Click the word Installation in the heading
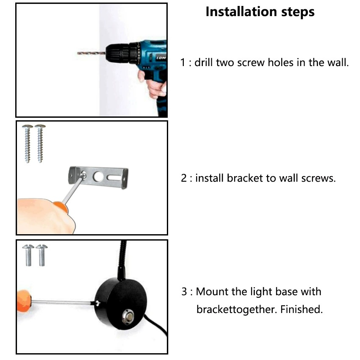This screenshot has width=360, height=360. point(241,12)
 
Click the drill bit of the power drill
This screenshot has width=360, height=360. point(91,53)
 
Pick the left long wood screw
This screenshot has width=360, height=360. point(28,144)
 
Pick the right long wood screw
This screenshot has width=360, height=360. point(40,144)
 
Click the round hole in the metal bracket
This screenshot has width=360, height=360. point(98,177)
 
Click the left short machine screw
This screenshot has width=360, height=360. point(28,255)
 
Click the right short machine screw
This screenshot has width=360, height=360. point(42,255)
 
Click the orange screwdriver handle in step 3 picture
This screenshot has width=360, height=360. point(24,301)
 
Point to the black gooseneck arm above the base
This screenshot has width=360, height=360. point(122,260)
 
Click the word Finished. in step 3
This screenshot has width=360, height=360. point(302,309)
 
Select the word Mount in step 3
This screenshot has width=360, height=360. point(212,292)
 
